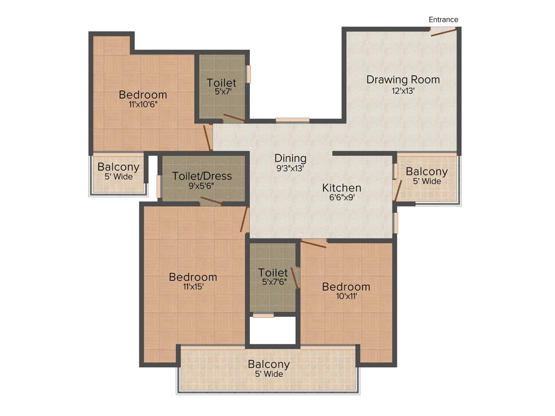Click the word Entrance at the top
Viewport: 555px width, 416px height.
(443, 19)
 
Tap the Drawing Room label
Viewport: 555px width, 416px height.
(403, 80)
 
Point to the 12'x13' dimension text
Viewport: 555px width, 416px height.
(403, 91)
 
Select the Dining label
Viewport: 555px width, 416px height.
(290, 158)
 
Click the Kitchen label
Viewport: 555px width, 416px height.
(341, 188)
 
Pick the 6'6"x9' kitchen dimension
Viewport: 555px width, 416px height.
(341, 198)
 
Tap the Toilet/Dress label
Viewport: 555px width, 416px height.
(202, 176)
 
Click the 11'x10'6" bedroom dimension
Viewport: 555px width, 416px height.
(143, 105)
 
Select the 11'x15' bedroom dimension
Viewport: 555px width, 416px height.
(193, 287)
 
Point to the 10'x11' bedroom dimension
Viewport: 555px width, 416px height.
(346, 296)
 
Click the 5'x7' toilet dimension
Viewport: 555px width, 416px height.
(222, 93)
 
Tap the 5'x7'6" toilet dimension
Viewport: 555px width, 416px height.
(273, 282)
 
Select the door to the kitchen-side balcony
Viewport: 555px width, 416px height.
(398, 190)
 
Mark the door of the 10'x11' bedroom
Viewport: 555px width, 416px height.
(314, 243)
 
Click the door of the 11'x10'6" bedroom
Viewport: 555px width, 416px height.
(207, 138)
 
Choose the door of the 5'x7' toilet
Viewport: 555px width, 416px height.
(234, 118)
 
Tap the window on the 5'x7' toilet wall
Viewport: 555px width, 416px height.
(249, 74)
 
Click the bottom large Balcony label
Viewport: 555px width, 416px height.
(269, 365)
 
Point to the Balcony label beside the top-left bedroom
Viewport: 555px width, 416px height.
(118, 167)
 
